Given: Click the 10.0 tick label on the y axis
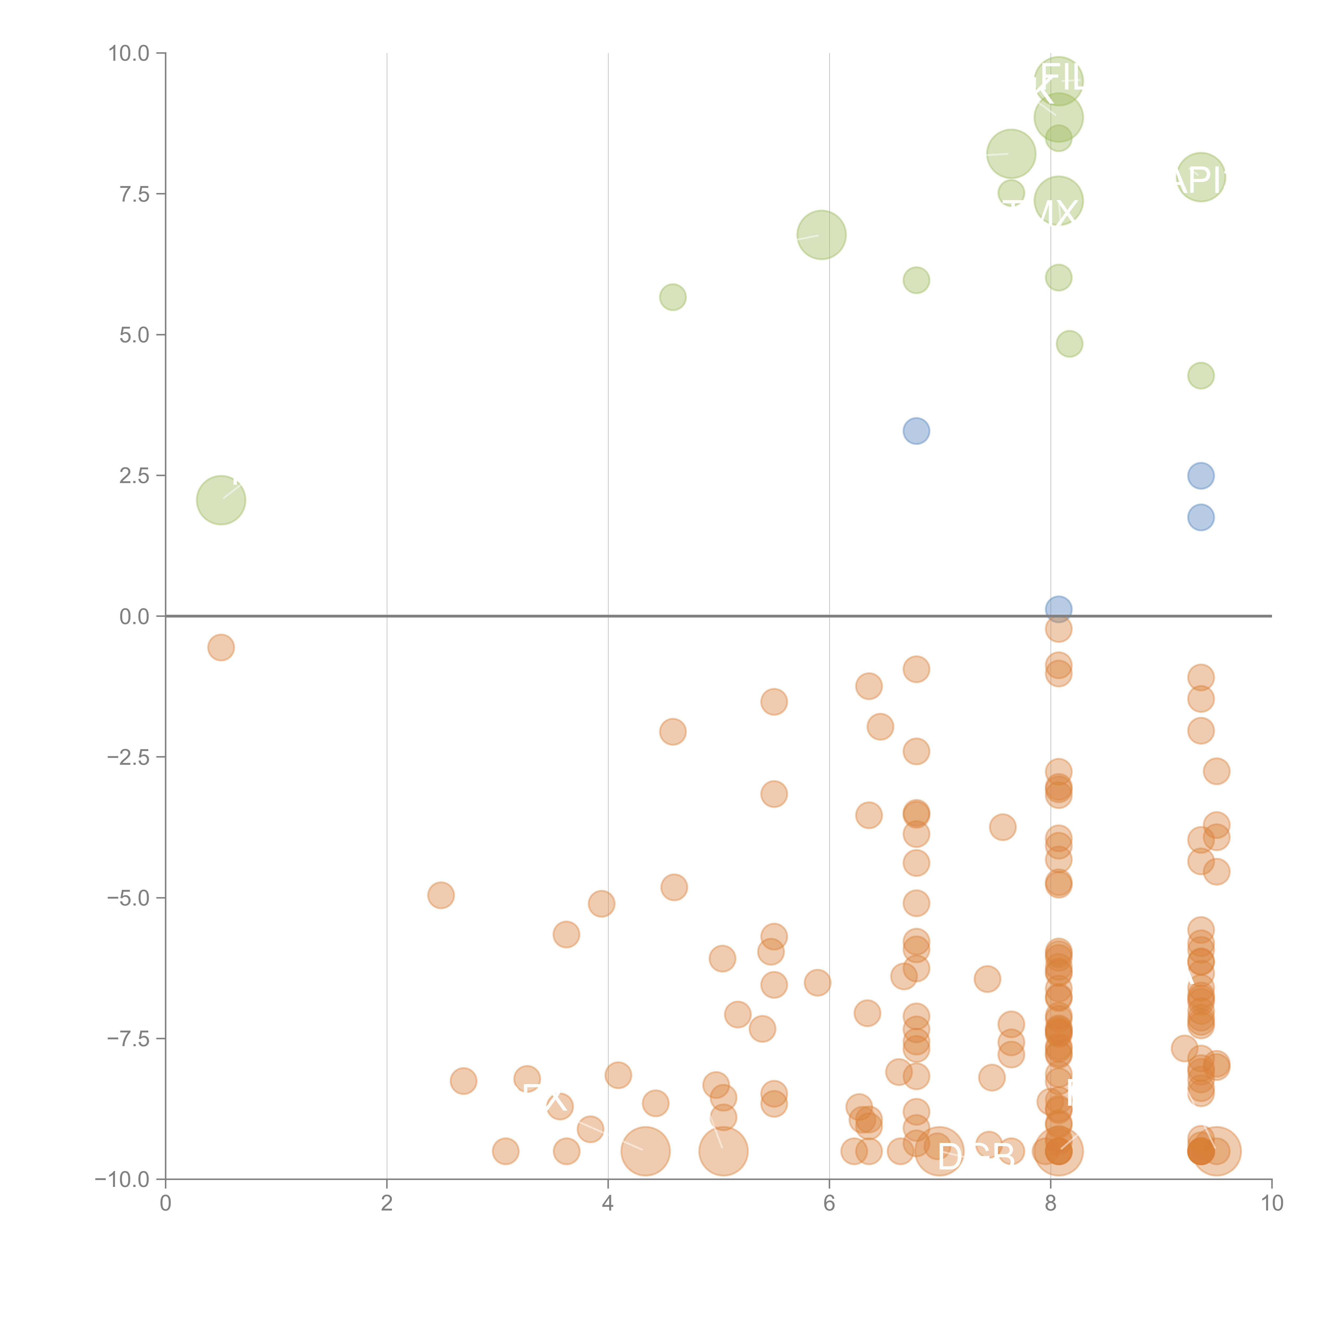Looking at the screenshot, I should click(x=129, y=54).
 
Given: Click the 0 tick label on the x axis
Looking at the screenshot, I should click(x=165, y=1204).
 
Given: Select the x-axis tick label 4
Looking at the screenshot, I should click(x=608, y=1204).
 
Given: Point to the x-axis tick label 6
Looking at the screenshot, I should click(x=829, y=1204).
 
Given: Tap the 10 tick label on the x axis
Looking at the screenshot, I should click(x=1271, y=1204).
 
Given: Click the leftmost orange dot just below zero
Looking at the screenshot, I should click(x=221, y=647).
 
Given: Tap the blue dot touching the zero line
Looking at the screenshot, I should click(x=1058, y=608).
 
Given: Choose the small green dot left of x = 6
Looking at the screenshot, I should click(x=673, y=297).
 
